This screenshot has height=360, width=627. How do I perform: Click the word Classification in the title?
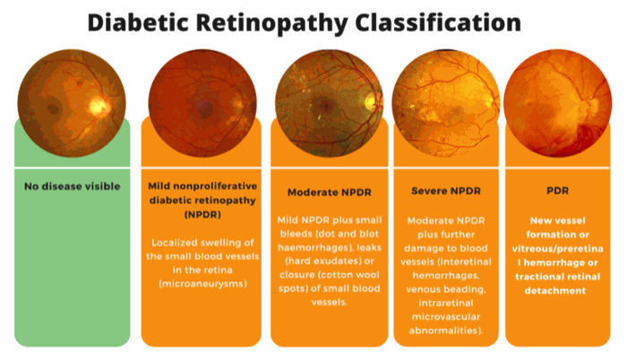click(x=438, y=22)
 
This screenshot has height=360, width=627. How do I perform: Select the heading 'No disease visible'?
click(x=73, y=186)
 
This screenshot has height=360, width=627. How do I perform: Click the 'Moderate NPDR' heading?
click(x=330, y=193)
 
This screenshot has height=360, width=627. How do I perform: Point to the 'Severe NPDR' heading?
click(x=446, y=192)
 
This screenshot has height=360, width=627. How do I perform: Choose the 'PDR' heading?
click(x=557, y=191)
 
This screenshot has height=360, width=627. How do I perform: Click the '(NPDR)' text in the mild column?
click(x=202, y=215)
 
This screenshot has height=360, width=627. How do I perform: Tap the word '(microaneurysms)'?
click(x=202, y=284)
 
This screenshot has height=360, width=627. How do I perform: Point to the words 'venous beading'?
click(x=445, y=289)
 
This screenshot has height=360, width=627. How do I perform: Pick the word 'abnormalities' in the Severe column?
click(x=443, y=330)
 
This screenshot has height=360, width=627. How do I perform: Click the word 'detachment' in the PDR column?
click(x=555, y=291)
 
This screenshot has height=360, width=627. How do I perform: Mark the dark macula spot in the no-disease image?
click(x=53, y=108)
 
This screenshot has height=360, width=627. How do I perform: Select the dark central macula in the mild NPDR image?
click(x=205, y=108)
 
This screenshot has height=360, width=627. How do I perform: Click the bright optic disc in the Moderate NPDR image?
click(x=371, y=102)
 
